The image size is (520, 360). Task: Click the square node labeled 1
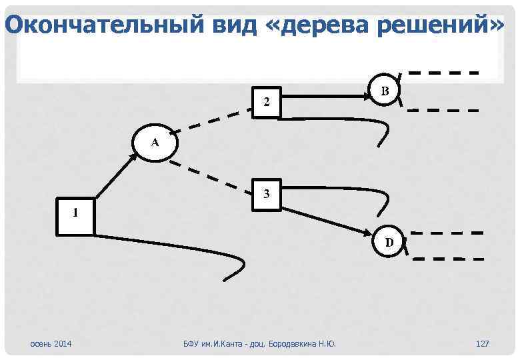point(75,215)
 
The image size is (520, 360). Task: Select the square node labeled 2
point(267,102)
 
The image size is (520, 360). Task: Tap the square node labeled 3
point(267,195)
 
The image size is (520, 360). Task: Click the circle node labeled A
point(155,142)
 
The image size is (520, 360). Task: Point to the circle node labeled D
point(389,242)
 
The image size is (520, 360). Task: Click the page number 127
point(482,343)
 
